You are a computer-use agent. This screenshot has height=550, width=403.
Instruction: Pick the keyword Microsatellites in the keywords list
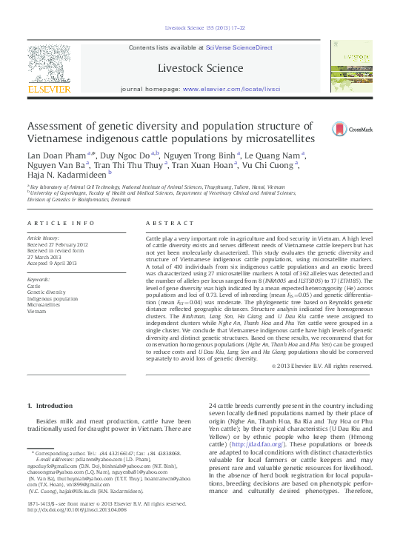tap(44, 304)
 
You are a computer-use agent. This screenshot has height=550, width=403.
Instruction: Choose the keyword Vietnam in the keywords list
tap(37, 311)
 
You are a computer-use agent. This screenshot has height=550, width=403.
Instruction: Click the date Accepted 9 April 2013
tap(57, 264)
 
